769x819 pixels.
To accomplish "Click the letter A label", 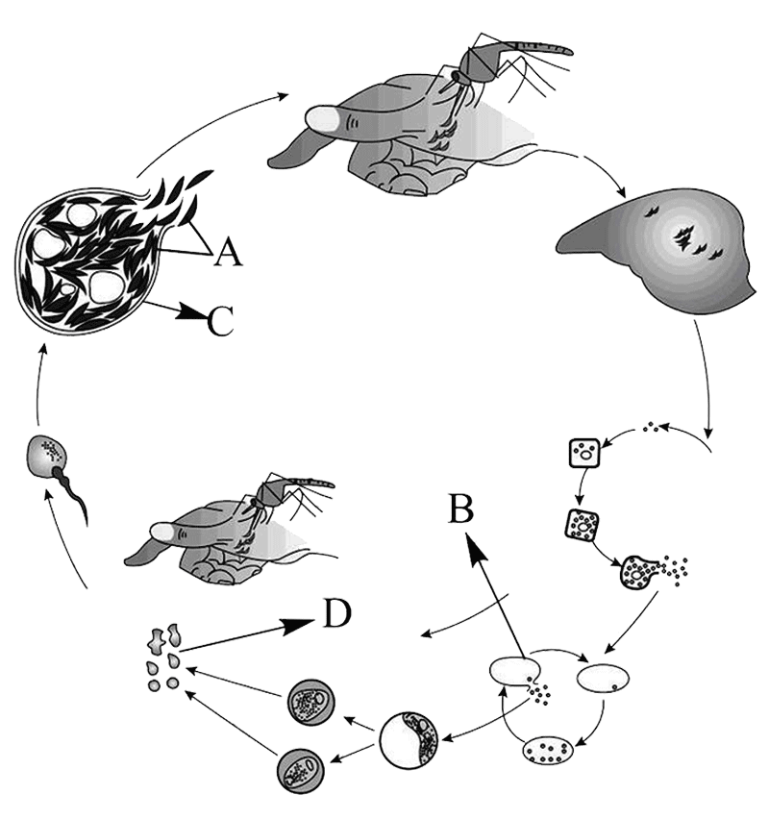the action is (x=229, y=252).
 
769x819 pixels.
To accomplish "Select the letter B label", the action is (x=460, y=509).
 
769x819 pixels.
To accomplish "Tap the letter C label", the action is (x=220, y=320).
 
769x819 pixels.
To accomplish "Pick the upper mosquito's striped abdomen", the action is (x=543, y=48).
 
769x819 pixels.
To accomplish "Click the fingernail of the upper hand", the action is (x=322, y=118).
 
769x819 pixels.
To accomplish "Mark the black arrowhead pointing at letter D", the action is (x=298, y=626).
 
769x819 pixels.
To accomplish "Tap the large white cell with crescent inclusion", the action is (x=409, y=740).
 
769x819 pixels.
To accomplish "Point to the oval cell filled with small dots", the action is (x=548, y=751).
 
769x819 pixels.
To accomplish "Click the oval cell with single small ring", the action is (x=603, y=678).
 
